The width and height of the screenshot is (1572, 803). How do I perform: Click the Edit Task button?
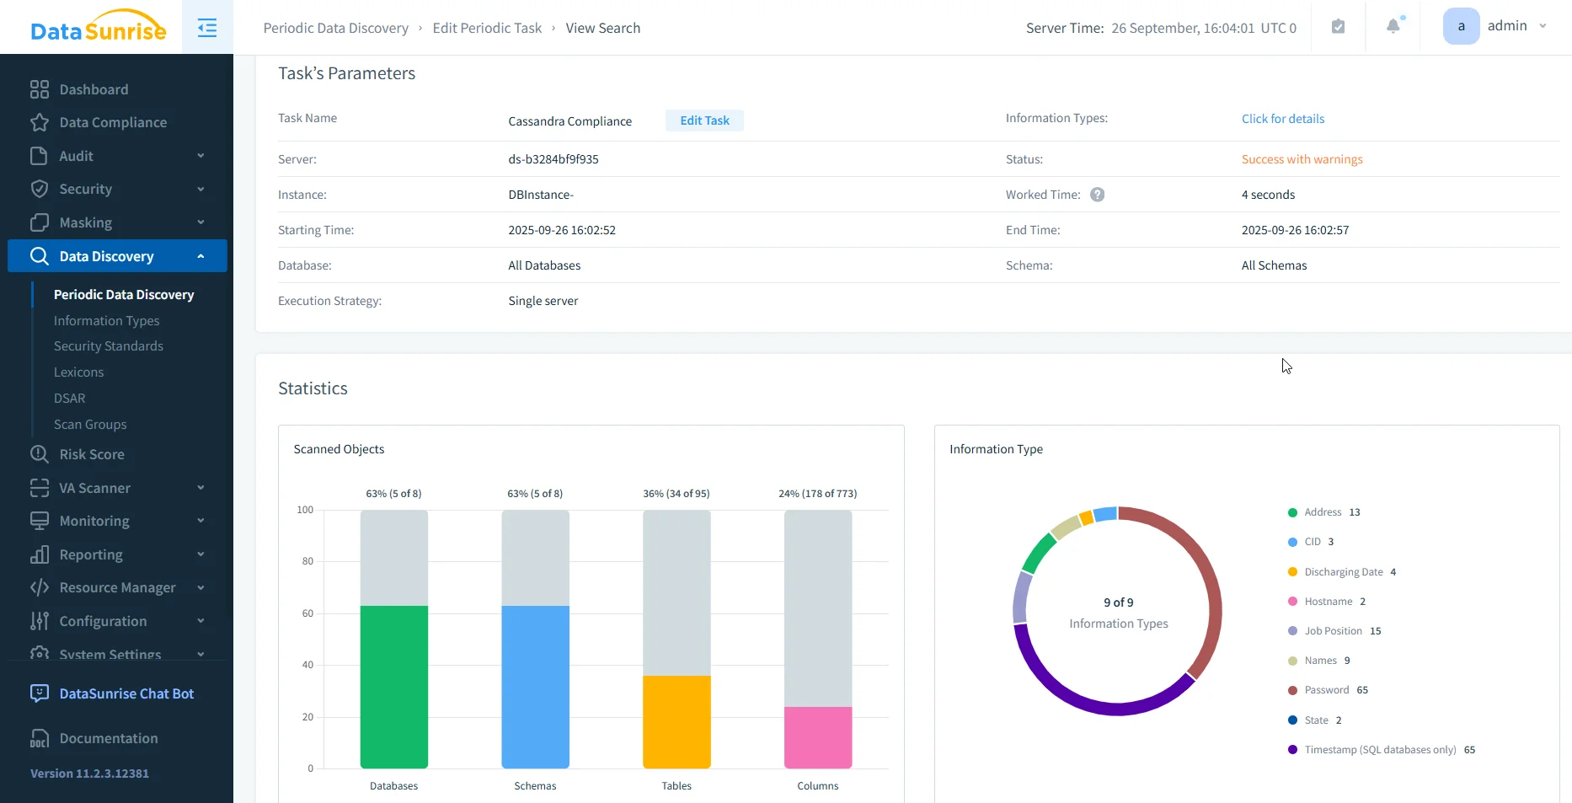tap(704, 120)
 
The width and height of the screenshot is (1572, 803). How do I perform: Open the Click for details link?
tap(1282, 119)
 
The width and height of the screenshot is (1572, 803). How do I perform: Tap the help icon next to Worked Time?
tap(1097, 195)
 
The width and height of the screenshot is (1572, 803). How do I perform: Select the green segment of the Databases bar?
tap(393, 686)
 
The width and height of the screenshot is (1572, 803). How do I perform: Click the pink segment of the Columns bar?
tap(817, 737)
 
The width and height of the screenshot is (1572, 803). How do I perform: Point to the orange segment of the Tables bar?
tap(676, 721)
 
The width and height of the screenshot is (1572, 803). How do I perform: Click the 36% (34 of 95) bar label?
tap(676, 494)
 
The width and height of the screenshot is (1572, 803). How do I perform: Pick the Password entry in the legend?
tap(1326, 690)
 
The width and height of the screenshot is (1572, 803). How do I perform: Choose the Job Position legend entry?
tap(1332, 631)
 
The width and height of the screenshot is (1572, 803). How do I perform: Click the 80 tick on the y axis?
tap(307, 561)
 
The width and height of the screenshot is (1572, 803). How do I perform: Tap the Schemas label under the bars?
tap(535, 786)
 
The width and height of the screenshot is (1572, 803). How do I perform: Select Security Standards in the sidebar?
tap(109, 346)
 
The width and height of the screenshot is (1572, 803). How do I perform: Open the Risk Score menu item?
tap(92, 454)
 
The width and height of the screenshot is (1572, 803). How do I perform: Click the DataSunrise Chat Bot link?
tap(126, 693)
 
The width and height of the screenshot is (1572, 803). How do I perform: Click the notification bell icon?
tap(1393, 27)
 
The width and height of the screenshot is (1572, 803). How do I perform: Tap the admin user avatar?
tap(1461, 26)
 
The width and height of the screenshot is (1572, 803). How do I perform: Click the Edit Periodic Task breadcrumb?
tap(487, 28)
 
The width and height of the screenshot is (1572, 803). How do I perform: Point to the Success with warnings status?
tap(1302, 159)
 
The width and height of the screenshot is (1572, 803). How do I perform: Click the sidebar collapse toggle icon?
tap(207, 28)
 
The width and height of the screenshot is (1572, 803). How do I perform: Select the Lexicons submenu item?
tap(79, 372)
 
